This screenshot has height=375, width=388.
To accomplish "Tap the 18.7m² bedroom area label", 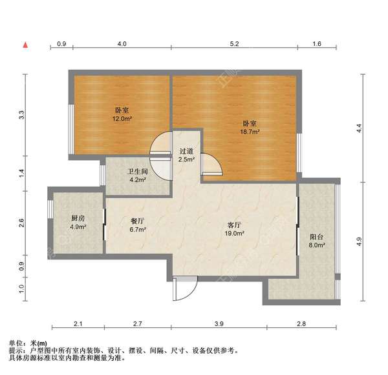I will (x=250, y=127).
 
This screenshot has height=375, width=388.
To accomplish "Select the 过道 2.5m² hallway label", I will (x=186, y=155).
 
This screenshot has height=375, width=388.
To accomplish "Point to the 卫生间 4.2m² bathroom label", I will (x=136, y=176).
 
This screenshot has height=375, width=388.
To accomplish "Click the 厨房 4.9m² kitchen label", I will (x=78, y=223).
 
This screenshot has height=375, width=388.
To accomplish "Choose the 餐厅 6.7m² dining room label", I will (x=137, y=225).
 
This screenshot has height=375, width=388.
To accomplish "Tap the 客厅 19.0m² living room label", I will (x=234, y=228).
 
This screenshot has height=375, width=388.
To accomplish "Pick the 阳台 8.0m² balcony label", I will (x=316, y=240).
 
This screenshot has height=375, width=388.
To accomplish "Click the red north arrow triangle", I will (x=25, y=45).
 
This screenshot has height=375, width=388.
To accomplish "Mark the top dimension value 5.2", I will (x=234, y=44).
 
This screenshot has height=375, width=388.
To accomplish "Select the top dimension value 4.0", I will (x=122, y=44).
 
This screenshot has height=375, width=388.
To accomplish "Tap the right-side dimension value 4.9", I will (x=360, y=242).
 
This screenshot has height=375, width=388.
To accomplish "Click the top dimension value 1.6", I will (x=317, y=44).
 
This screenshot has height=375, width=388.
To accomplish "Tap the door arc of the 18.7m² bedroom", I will (x=210, y=165).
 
